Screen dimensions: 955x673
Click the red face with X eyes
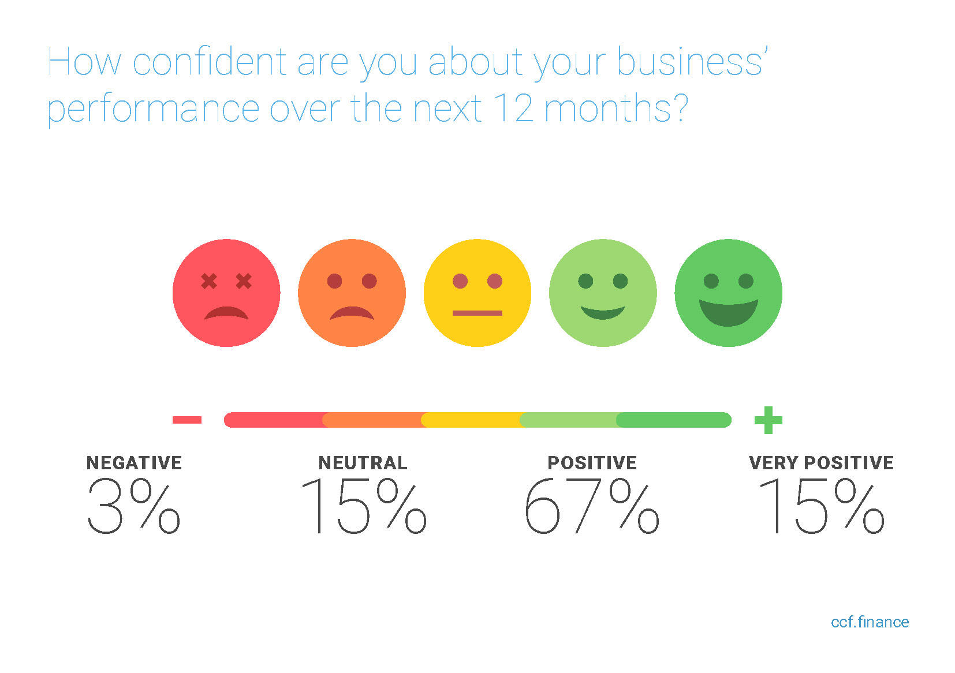226,293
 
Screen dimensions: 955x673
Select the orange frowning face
352,293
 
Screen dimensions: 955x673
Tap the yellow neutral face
477,293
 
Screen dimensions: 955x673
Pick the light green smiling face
603,293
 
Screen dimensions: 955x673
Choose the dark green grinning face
728,293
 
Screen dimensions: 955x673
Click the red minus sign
186,420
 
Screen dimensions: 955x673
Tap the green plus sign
769,420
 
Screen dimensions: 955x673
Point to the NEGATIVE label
134,463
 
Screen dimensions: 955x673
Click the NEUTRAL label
363,463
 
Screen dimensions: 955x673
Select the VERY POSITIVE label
821,463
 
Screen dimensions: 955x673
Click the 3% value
133,506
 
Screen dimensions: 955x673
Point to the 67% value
592,506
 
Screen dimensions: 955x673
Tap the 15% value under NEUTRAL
364,506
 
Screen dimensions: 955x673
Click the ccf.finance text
870,622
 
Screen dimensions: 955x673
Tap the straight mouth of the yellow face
477,313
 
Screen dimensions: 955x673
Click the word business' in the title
692,62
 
